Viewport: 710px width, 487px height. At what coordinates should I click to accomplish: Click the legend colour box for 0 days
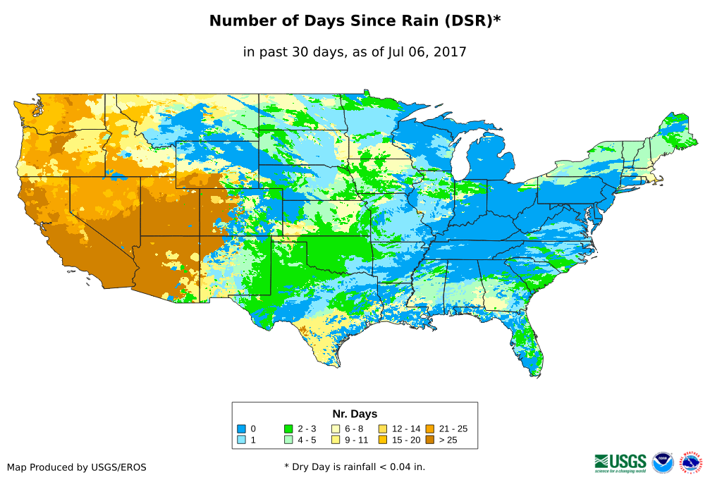click(241, 429)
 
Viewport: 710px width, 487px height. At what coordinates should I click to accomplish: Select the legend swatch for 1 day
click(241, 440)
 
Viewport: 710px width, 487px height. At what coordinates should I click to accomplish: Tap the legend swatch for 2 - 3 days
click(288, 429)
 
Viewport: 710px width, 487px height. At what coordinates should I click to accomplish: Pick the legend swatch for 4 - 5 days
click(288, 440)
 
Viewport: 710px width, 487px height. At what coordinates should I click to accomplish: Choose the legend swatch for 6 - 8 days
click(335, 429)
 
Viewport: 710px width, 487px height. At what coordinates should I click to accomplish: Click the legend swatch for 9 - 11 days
click(335, 440)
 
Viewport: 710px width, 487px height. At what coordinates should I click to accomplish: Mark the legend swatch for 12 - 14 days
click(382, 429)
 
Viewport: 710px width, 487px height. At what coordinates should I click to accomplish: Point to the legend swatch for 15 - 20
click(382, 440)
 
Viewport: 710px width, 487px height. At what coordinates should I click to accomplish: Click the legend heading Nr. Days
click(355, 414)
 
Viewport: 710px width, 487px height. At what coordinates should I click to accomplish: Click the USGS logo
click(620, 462)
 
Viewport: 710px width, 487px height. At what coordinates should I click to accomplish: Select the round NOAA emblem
click(663, 462)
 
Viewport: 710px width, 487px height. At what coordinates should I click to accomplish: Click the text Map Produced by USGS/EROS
click(77, 467)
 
